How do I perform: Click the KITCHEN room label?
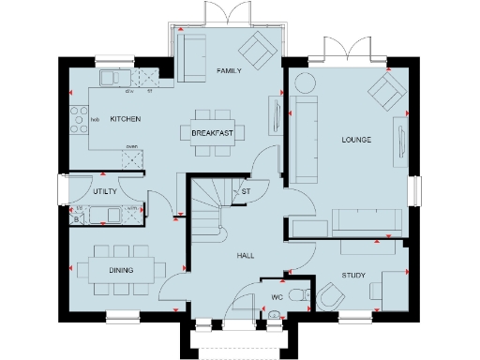click(125, 120)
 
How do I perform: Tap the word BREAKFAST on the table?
click(212, 133)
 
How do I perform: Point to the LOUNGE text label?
click(357, 141)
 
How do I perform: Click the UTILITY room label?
click(104, 190)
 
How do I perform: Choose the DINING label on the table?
click(119, 271)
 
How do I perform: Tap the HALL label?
click(246, 255)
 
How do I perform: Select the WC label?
click(277, 298)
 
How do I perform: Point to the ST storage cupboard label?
click(247, 193)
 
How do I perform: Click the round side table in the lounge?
click(306, 82)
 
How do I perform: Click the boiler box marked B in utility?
click(78, 219)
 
